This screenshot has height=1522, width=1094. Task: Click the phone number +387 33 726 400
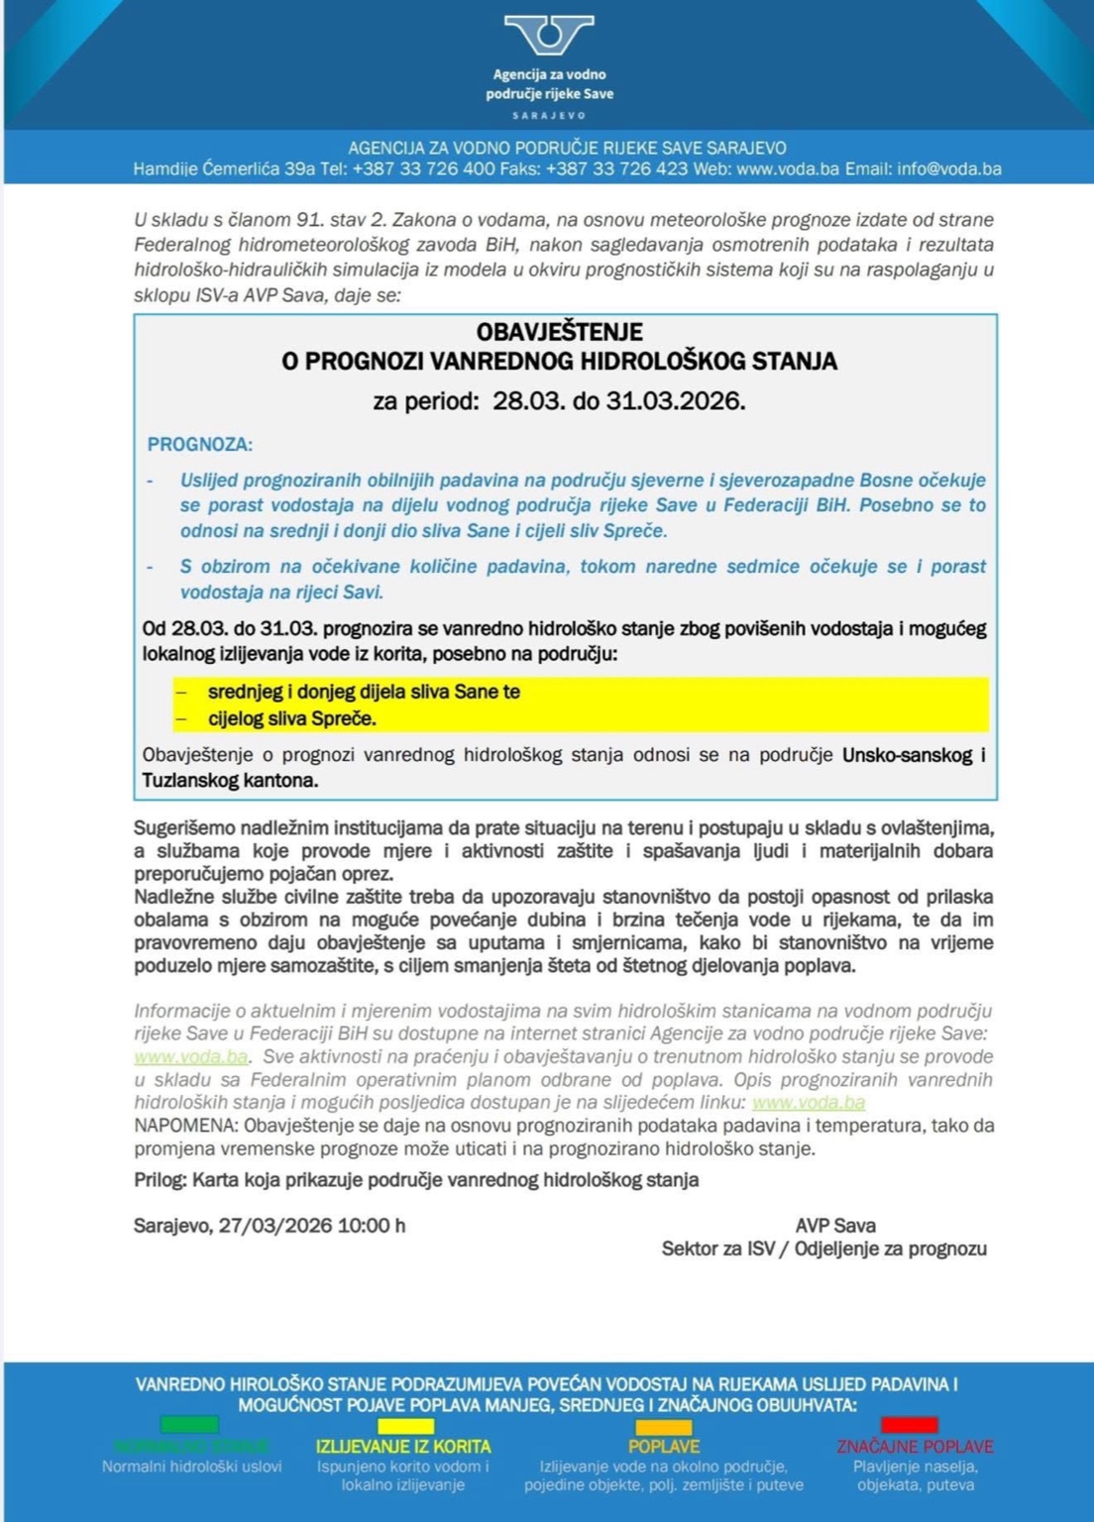pyautogui.click(x=423, y=168)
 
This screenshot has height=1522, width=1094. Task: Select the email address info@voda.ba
pyautogui.click(x=949, y=168)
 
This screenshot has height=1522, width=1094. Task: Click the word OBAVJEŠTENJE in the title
pyautogui.click(x=559, y=332)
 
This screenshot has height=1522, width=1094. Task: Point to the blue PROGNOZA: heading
pyautogui.click(x=199, y=444)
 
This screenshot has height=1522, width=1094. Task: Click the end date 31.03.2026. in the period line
pyautogui.click(x=676, y=400)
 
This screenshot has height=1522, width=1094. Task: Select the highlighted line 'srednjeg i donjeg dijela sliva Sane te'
pyautogui.click(x=364, y=692)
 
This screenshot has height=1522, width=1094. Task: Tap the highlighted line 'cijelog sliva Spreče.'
pyautogui.click(x=291, y=718)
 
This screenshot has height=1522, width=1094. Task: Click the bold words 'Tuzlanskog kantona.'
pyautogui.click(x=230, y=781)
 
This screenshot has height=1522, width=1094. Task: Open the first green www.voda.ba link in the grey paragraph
pyautogui.click(x=190, y=1056)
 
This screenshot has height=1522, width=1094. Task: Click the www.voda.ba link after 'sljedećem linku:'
pyautogui.click(x=809, y=1102)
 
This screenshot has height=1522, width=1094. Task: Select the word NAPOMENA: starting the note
pyautogui.click(x=186, y=1126)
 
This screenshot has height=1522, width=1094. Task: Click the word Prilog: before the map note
pyautogui.click(x=161, y=1180)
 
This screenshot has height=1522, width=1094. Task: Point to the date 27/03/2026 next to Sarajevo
pyautogui.click(x=275, y=1226)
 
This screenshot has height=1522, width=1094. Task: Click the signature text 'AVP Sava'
pyautogui.click(x=835, y=1226)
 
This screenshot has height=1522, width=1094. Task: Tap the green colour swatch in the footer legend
pyautogui.click(x=189, y=1425)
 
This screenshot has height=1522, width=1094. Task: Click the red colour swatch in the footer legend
pyautogui.click(x=910, y=1425)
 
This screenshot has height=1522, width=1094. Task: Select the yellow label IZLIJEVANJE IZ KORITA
pyautogui.click(x=403, y=1447)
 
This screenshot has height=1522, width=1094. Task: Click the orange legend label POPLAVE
pyautogui.click(x=664, y=1447)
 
